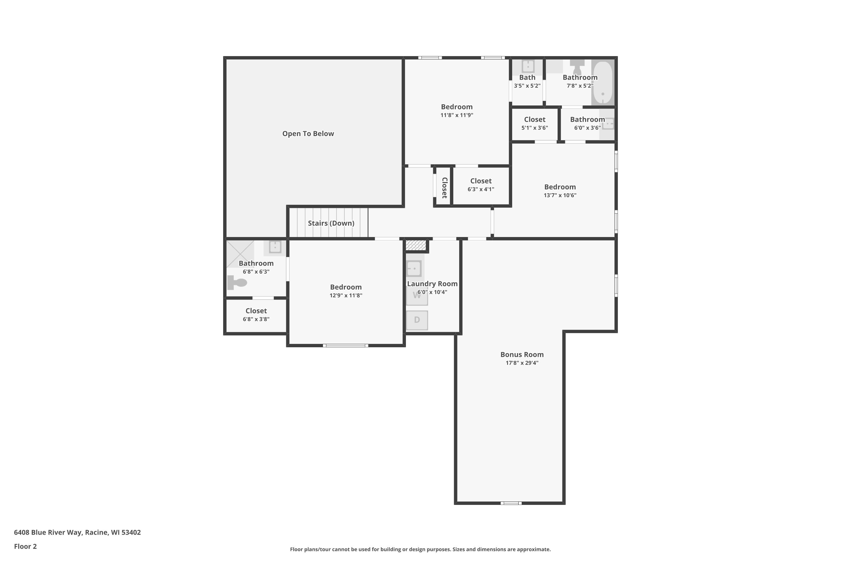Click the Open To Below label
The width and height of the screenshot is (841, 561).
tap(308, 134)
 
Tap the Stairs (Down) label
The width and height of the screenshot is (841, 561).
tap(331, 223)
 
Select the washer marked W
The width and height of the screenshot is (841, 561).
tap(417, 296)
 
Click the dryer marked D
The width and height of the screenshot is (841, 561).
tap(417, 320)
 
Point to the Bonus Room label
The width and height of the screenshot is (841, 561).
tap(522, 355)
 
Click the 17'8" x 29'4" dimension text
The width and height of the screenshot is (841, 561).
tap(522, 363)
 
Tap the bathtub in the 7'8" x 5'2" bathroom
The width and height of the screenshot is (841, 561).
tap(603, 83)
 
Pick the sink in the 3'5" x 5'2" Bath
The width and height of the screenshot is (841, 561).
tap(528, 66)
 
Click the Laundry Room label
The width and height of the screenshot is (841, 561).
tap(432, 284)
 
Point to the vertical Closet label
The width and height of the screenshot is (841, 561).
tap(444, 188)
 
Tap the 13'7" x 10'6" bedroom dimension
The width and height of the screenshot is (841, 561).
tap(560, 195)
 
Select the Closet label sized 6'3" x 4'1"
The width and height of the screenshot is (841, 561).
tap(480, 181)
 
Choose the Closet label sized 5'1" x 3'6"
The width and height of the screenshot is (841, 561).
tap(535, 119)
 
